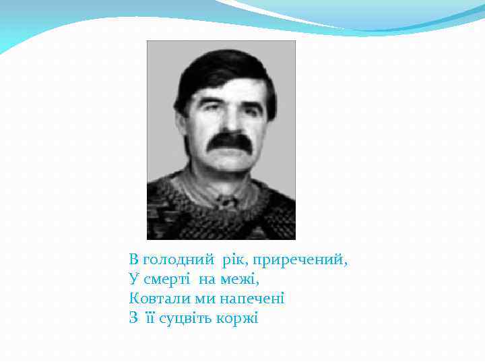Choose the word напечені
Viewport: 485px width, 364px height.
251,298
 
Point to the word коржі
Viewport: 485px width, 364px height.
238,317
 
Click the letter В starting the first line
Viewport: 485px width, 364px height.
133,260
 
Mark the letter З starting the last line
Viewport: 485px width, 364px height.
133,317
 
